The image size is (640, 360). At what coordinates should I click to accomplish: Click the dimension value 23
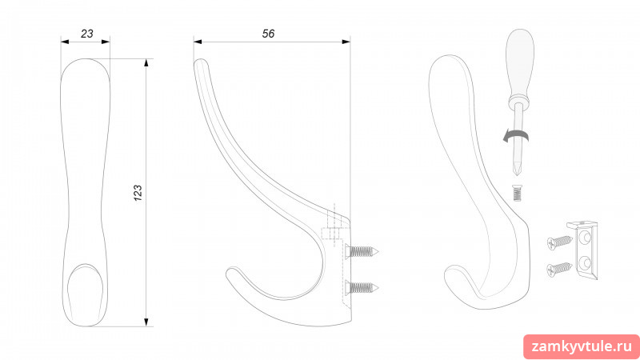point(87,34)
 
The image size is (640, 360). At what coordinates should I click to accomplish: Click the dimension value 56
point(268,34)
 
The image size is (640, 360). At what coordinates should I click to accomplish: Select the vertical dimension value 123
point(138,193)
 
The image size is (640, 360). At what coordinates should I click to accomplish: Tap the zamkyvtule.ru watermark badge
point(582,347)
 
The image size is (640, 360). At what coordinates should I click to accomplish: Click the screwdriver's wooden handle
point(519,64)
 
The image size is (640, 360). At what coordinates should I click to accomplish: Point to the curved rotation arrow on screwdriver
point(515,137)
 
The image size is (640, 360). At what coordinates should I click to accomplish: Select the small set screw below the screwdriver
point(517,193)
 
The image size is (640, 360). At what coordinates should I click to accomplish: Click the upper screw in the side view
point(362,252)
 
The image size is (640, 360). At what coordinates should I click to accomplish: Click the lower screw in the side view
point(362,288)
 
